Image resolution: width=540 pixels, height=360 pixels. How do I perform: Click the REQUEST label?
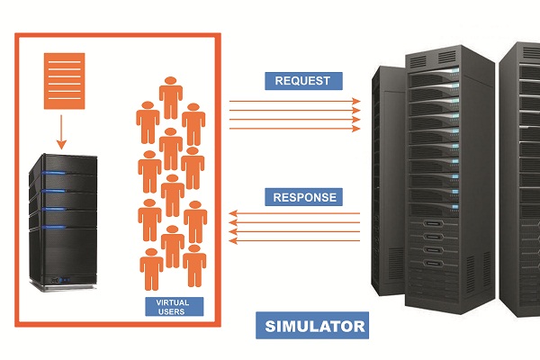304,81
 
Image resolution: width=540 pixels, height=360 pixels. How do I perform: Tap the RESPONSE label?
305,197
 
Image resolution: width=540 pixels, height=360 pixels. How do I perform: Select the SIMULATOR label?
310,325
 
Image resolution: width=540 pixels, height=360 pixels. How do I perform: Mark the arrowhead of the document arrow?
62,144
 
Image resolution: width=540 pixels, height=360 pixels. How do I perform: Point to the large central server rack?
432,180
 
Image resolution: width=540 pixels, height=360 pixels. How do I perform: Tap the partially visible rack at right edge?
523,180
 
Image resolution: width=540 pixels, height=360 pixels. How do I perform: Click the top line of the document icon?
64,60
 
